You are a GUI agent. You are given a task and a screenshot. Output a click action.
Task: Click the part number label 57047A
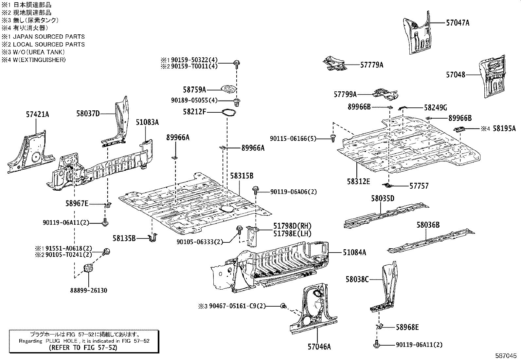pos(458,23)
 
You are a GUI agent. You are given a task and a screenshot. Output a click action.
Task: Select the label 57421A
pos(37,114)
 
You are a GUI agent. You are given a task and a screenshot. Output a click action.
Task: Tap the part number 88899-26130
pos(88,291)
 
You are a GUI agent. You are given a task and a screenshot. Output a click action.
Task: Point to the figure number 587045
pos(507,355)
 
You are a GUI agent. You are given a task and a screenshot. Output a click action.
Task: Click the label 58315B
pos(242,176)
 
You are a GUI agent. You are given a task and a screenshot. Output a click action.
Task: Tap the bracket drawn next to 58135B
pos(153,237)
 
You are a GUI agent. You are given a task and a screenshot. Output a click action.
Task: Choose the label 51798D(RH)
pos(292,226)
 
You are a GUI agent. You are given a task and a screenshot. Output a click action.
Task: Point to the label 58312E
pos(358,181)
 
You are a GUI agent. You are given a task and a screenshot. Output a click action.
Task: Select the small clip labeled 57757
pos(388,186)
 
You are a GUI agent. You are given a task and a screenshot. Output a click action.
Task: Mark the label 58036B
pos(428,225)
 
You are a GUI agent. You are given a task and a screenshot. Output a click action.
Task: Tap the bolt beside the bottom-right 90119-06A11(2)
pos(376,345)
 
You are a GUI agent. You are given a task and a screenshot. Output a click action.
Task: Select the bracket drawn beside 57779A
pos(334,64)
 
